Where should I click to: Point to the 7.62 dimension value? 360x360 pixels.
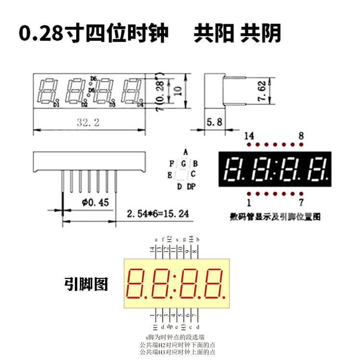[262, 90]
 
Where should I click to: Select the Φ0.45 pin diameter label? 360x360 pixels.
[96, 203]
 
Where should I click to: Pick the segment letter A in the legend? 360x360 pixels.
[185, 151]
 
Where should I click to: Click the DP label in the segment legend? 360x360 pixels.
[191, 186]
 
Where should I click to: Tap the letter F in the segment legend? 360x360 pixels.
[171, 163]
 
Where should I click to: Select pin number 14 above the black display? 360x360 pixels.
[249, 136]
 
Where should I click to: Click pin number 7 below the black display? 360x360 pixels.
[301, 202]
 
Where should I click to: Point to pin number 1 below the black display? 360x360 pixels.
[249, 202]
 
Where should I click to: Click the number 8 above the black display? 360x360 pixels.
[301, 136]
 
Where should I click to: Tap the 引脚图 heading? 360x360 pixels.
[86, 284]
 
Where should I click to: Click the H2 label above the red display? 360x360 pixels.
[169, 239]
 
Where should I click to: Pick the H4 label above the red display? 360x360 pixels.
[191, 239]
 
